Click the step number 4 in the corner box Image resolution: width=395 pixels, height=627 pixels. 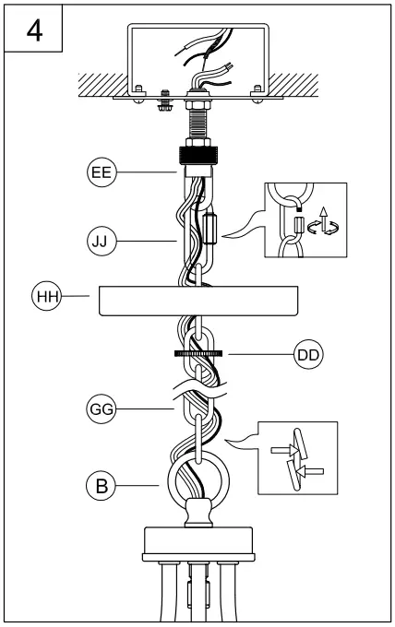pos(33,30)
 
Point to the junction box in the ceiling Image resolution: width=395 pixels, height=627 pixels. pos(197,55)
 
